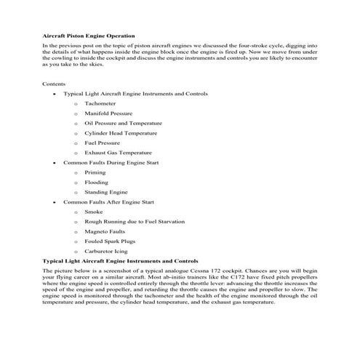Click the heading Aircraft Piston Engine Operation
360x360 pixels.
pyautogui.click(x=89, y=36)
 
